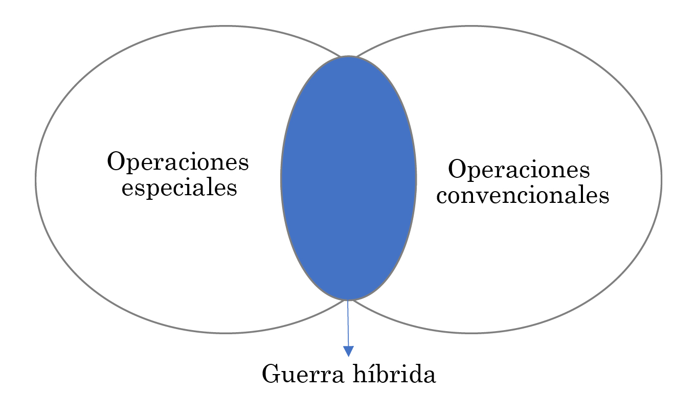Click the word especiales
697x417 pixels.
tap(179, 188)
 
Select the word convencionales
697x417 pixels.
tap(523, 196)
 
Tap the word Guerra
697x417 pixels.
tap(303, 374)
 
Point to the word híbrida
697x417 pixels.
tap(394, 373)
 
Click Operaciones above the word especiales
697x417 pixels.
tap(177, 161)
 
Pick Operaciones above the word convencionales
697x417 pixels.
tap(519, 170)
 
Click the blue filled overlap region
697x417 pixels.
tap(349, 178)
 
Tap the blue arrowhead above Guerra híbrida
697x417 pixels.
tap(349, 351)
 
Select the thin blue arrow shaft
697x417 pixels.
tap(348, 323)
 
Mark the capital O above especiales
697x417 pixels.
tap(116, 161)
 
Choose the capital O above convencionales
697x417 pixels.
tap(457, 169)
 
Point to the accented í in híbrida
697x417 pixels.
tap(374, 373)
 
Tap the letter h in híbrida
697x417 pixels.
tap(361, 373)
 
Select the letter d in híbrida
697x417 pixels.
tap(413, 373)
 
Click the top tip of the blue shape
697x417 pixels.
tap(349, 56)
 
